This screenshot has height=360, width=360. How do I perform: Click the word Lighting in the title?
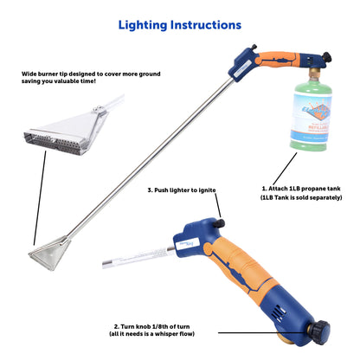(x=146, y=26)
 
